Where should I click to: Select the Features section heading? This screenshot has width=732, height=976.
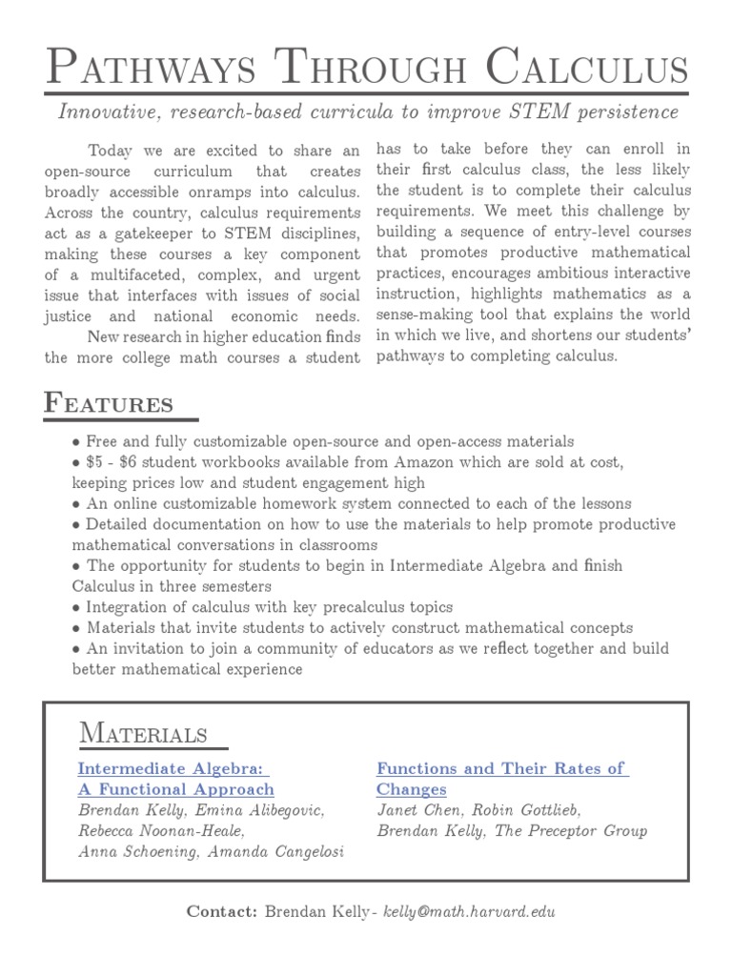109,403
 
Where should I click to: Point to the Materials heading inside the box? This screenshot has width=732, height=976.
143,733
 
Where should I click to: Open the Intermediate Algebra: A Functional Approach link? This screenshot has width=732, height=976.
175,779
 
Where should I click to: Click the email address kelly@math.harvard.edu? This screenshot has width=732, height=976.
468,911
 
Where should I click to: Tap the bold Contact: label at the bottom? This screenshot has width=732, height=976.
221,911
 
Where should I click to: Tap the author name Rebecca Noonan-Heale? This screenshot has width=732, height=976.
160,831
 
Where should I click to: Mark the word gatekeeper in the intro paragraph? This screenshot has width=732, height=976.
193,234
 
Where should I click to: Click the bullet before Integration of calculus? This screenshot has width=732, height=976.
76,607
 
